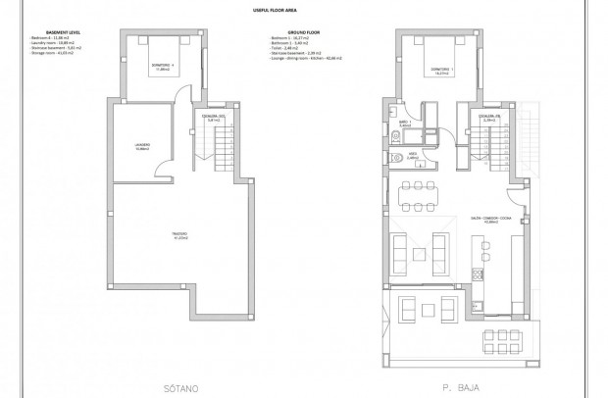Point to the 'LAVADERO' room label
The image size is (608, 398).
tap(141, 148)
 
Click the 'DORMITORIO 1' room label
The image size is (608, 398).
tap(444, 68)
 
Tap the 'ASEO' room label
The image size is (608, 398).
tap(414, 154)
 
